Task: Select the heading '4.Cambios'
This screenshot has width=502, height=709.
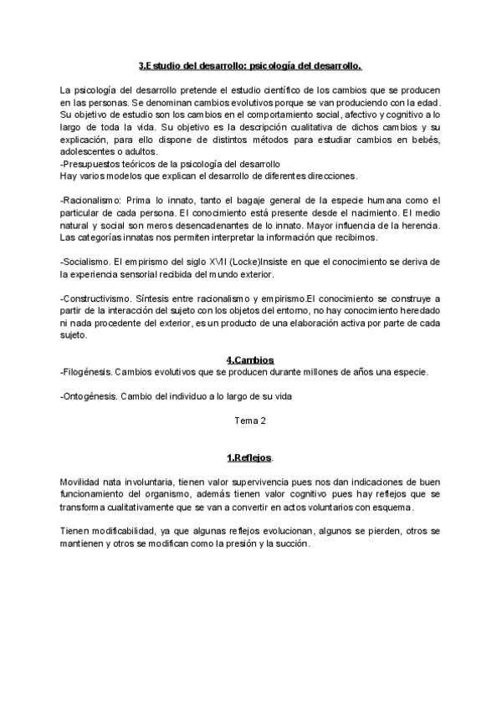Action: click(x=250, y=360)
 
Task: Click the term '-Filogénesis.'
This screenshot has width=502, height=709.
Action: click(x=85, y=372)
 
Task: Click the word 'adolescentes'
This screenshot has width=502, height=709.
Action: click(x=88, y=152)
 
